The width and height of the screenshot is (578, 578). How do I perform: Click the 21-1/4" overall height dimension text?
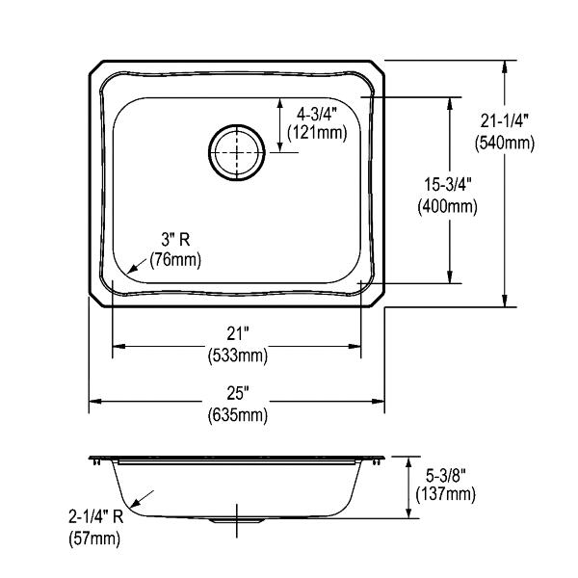click(504, 121)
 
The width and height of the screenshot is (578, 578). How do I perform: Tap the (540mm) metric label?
click(504, 143)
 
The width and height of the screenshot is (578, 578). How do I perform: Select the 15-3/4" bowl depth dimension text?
click(448, 184)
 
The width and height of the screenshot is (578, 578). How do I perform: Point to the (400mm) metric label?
click(448, 206)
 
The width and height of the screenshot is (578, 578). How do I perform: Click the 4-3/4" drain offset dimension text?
click(317, 115)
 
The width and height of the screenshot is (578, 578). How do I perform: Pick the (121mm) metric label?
click(317, 132)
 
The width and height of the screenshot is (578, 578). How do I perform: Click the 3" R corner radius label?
click(176, 240)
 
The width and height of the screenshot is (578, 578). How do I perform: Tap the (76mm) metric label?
click(175, 260)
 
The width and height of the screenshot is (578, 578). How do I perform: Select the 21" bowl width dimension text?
click(236, 334)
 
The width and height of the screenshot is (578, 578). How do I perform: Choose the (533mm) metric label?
click(238, 356)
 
